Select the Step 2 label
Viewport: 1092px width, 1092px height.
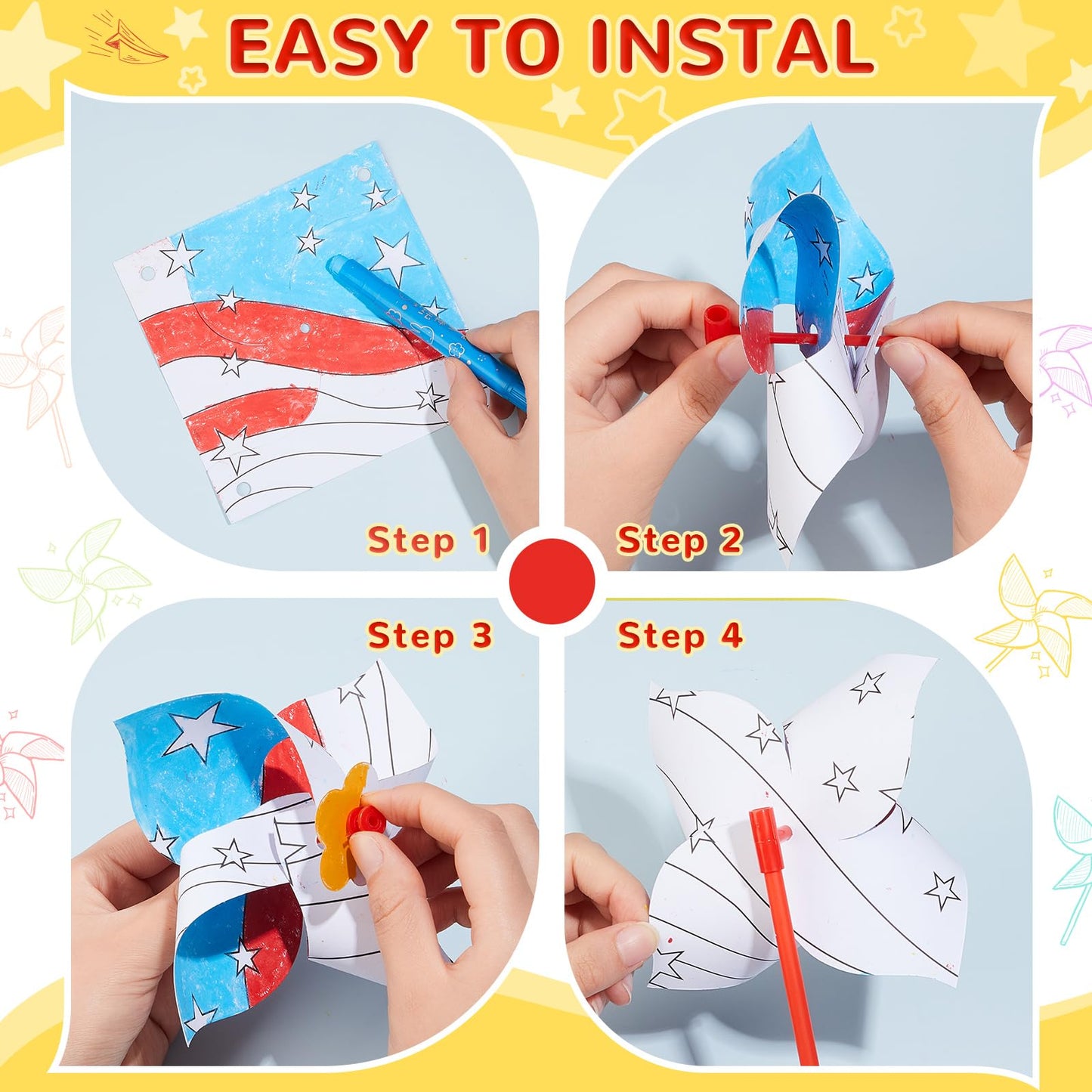(679, 541)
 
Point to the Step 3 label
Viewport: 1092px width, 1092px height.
(429, 636)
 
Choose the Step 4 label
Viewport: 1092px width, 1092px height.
(679, 636)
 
